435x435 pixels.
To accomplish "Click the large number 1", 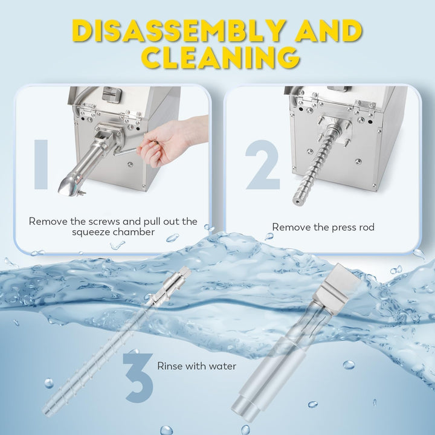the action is (41, 165).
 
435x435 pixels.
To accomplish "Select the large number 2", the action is (262, 165).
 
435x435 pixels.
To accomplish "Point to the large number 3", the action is (138, 378).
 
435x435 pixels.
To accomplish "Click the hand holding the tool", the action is (169, 141).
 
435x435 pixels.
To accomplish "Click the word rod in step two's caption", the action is (366, 227).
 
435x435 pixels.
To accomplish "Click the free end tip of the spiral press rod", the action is (297, 201).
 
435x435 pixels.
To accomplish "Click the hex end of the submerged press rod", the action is (185, 272).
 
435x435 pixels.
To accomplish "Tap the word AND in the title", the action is (329, 31).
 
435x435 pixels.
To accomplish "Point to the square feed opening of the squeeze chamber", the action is (104, 136).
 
